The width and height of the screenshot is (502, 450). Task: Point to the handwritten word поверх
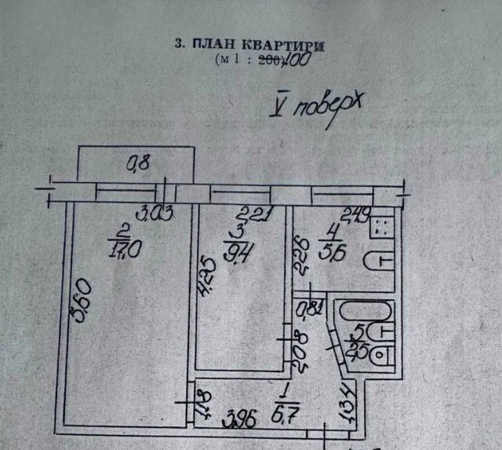pos(324,109)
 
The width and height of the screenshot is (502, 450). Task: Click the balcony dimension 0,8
pos(138,164)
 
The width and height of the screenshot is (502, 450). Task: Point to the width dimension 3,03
pos(154,211)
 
